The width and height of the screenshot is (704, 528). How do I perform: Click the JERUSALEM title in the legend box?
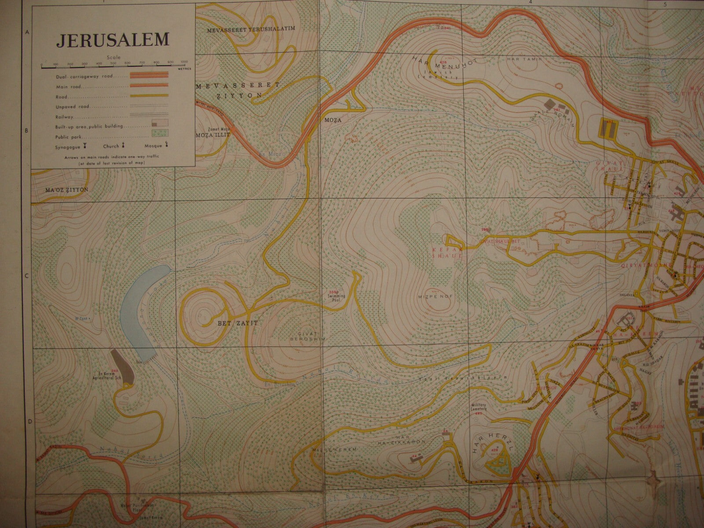pos(112,40)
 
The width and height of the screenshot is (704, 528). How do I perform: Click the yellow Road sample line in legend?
pos(154,95)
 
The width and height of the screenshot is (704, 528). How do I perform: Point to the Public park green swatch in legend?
pos(160,132)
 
